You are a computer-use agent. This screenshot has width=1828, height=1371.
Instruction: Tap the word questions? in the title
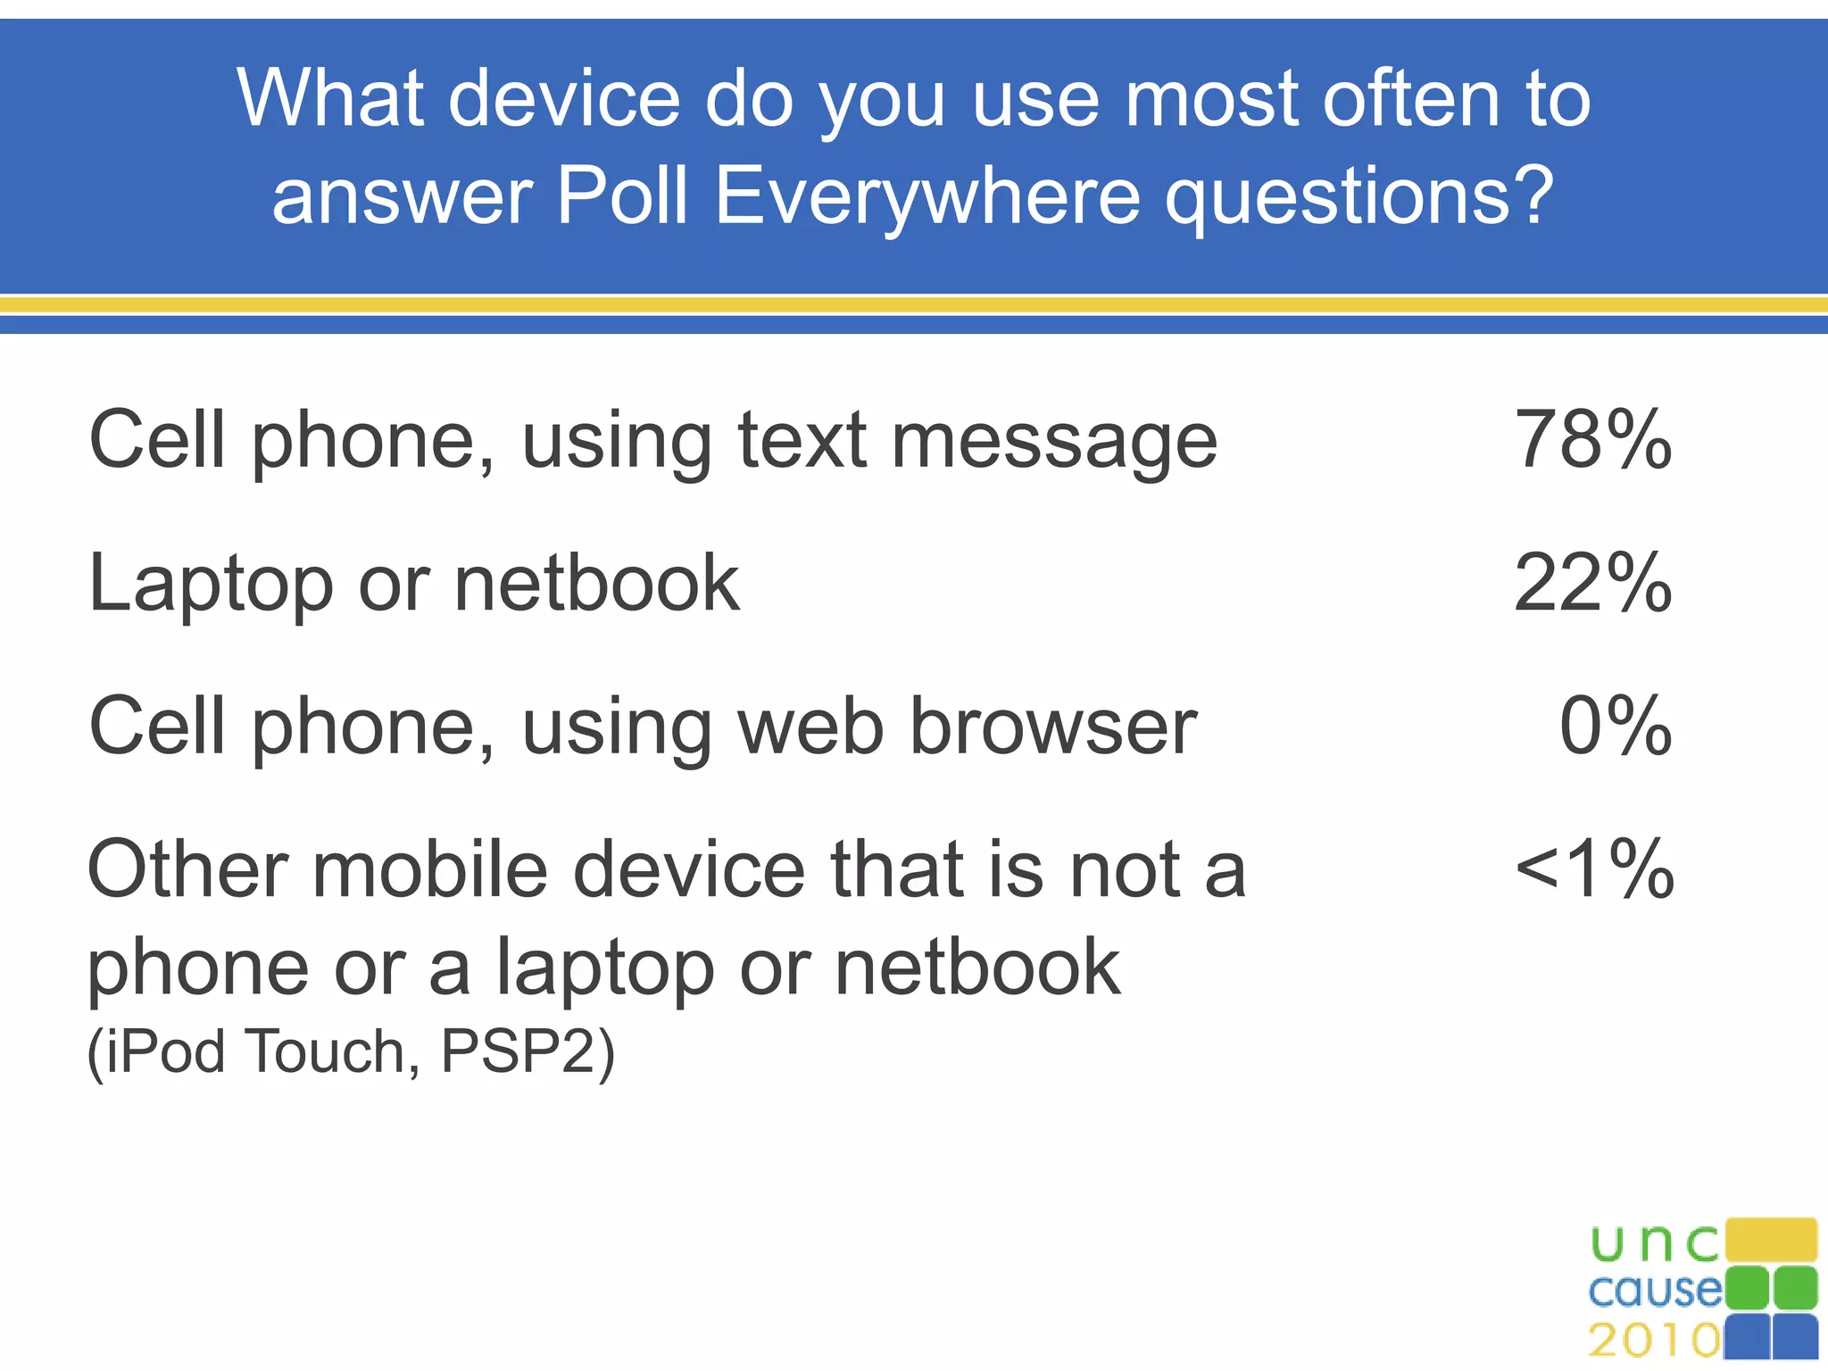coord(1359,196)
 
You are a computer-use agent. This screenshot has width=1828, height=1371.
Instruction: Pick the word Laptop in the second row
coord(211,586)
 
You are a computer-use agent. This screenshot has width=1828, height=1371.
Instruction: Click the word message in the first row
coord(1054,443)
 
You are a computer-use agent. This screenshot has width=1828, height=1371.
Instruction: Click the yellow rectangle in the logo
coord(1771,1239)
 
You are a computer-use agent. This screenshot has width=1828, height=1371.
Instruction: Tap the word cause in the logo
coord(1654,1290)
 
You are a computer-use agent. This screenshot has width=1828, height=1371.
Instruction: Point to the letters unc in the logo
coord(1654,1242)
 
